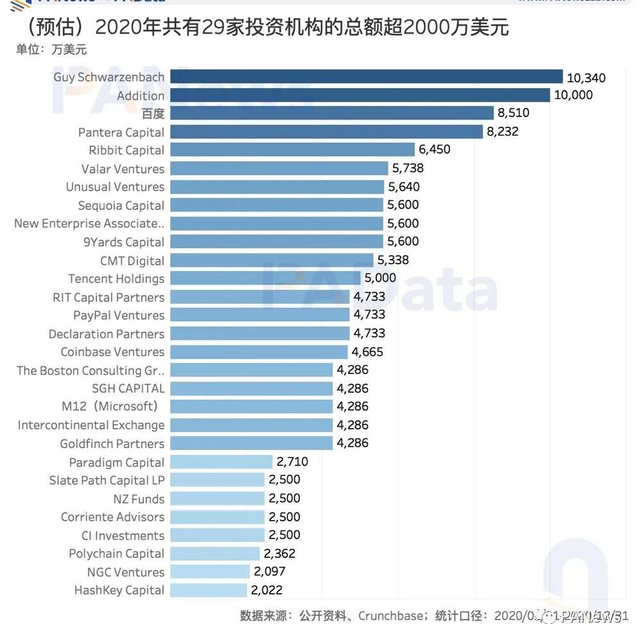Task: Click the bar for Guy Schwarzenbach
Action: click(x=366, y=77)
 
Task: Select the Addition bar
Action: click(x=360, y=95)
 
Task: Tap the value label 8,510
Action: click(x=514, y=113)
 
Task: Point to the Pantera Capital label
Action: click(x=121, y=132)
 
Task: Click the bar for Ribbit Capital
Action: click(x=292, y=150)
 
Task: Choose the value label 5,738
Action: click(x=408, y=168)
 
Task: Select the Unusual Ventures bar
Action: click(x=277, y=187)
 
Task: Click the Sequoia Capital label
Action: click(x=121, y=206)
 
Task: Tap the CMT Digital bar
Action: click(x=272, y=260)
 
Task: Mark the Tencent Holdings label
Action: click(x=116, y=279)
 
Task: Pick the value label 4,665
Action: click(x=367, y=352)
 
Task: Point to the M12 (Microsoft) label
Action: click(x=110, y=406)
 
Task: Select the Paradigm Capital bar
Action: click(x=221, y=461)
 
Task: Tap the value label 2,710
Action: click(x=293, y=461)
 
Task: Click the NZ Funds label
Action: click(x=139, y=499)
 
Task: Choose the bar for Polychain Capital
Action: click(x=215, y=553)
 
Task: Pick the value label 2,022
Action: click(x=267, y=590)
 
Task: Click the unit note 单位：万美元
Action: click(x=51, y=49)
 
